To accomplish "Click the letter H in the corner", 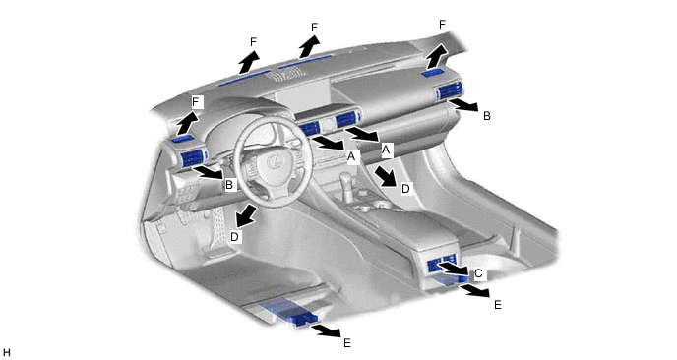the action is tap(6, 353).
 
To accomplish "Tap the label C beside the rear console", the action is tap(478, 273).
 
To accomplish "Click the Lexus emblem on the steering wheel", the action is tap(274, 162).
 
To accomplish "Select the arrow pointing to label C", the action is tap(454, 269).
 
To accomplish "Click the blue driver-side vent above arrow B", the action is tap(193, 158).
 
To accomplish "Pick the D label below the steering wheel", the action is tap(234, 236).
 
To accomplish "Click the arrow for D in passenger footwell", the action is tap(386, 176).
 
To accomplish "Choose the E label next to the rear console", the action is tap(497, 305).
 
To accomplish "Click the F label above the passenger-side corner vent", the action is tap(442, 25).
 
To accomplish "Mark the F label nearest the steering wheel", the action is tap(196, 102).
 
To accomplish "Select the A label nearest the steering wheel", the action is tap(351, 155).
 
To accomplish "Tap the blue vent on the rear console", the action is tap(442, 265).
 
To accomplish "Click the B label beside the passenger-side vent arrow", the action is tap(486, 116).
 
